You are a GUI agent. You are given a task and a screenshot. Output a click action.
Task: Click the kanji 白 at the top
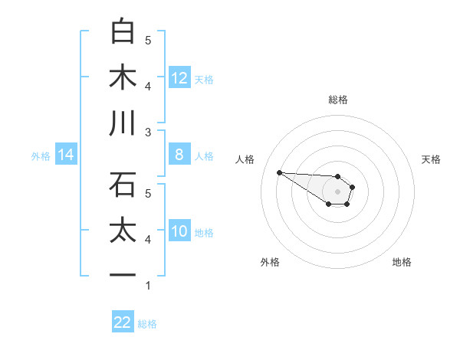tap(123, 32)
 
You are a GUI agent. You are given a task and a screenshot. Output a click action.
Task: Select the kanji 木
tap(123, 78)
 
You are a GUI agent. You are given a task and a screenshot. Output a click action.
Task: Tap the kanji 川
tap(123, 124)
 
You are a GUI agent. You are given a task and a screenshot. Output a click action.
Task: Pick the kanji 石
tap(123, 185)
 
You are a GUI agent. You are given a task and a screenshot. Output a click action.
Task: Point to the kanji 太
tap(123, 231)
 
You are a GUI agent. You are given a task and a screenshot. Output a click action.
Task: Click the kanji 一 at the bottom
tap(123, 274)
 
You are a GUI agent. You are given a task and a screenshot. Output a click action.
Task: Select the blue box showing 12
tap(179, 77)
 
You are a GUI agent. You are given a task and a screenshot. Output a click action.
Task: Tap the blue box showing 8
tap(179, 155)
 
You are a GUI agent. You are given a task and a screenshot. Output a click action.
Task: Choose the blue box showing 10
tap(179, 231)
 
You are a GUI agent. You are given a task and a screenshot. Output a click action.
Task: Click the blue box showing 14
tap(66, 155)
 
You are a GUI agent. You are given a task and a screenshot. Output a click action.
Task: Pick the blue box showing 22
tap(123, 322)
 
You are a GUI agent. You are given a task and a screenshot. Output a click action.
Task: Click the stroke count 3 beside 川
tap(148, 133)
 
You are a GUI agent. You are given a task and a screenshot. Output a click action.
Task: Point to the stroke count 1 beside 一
tap(148, 286)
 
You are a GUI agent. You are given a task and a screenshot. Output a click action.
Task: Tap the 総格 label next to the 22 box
tap(147, 324)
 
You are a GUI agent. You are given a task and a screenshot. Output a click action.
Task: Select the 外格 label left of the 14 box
tap(41, 156)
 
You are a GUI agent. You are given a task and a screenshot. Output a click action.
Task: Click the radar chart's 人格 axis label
tap(245, 159)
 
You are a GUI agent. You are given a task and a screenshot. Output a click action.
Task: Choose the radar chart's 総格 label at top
tap(338, 100)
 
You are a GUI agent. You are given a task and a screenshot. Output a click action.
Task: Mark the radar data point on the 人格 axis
tap(279, 172)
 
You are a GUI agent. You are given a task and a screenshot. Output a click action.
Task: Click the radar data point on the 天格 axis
tap(353, 187)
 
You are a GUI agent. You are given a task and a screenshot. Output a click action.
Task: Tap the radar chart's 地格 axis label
tap(402, 262)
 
